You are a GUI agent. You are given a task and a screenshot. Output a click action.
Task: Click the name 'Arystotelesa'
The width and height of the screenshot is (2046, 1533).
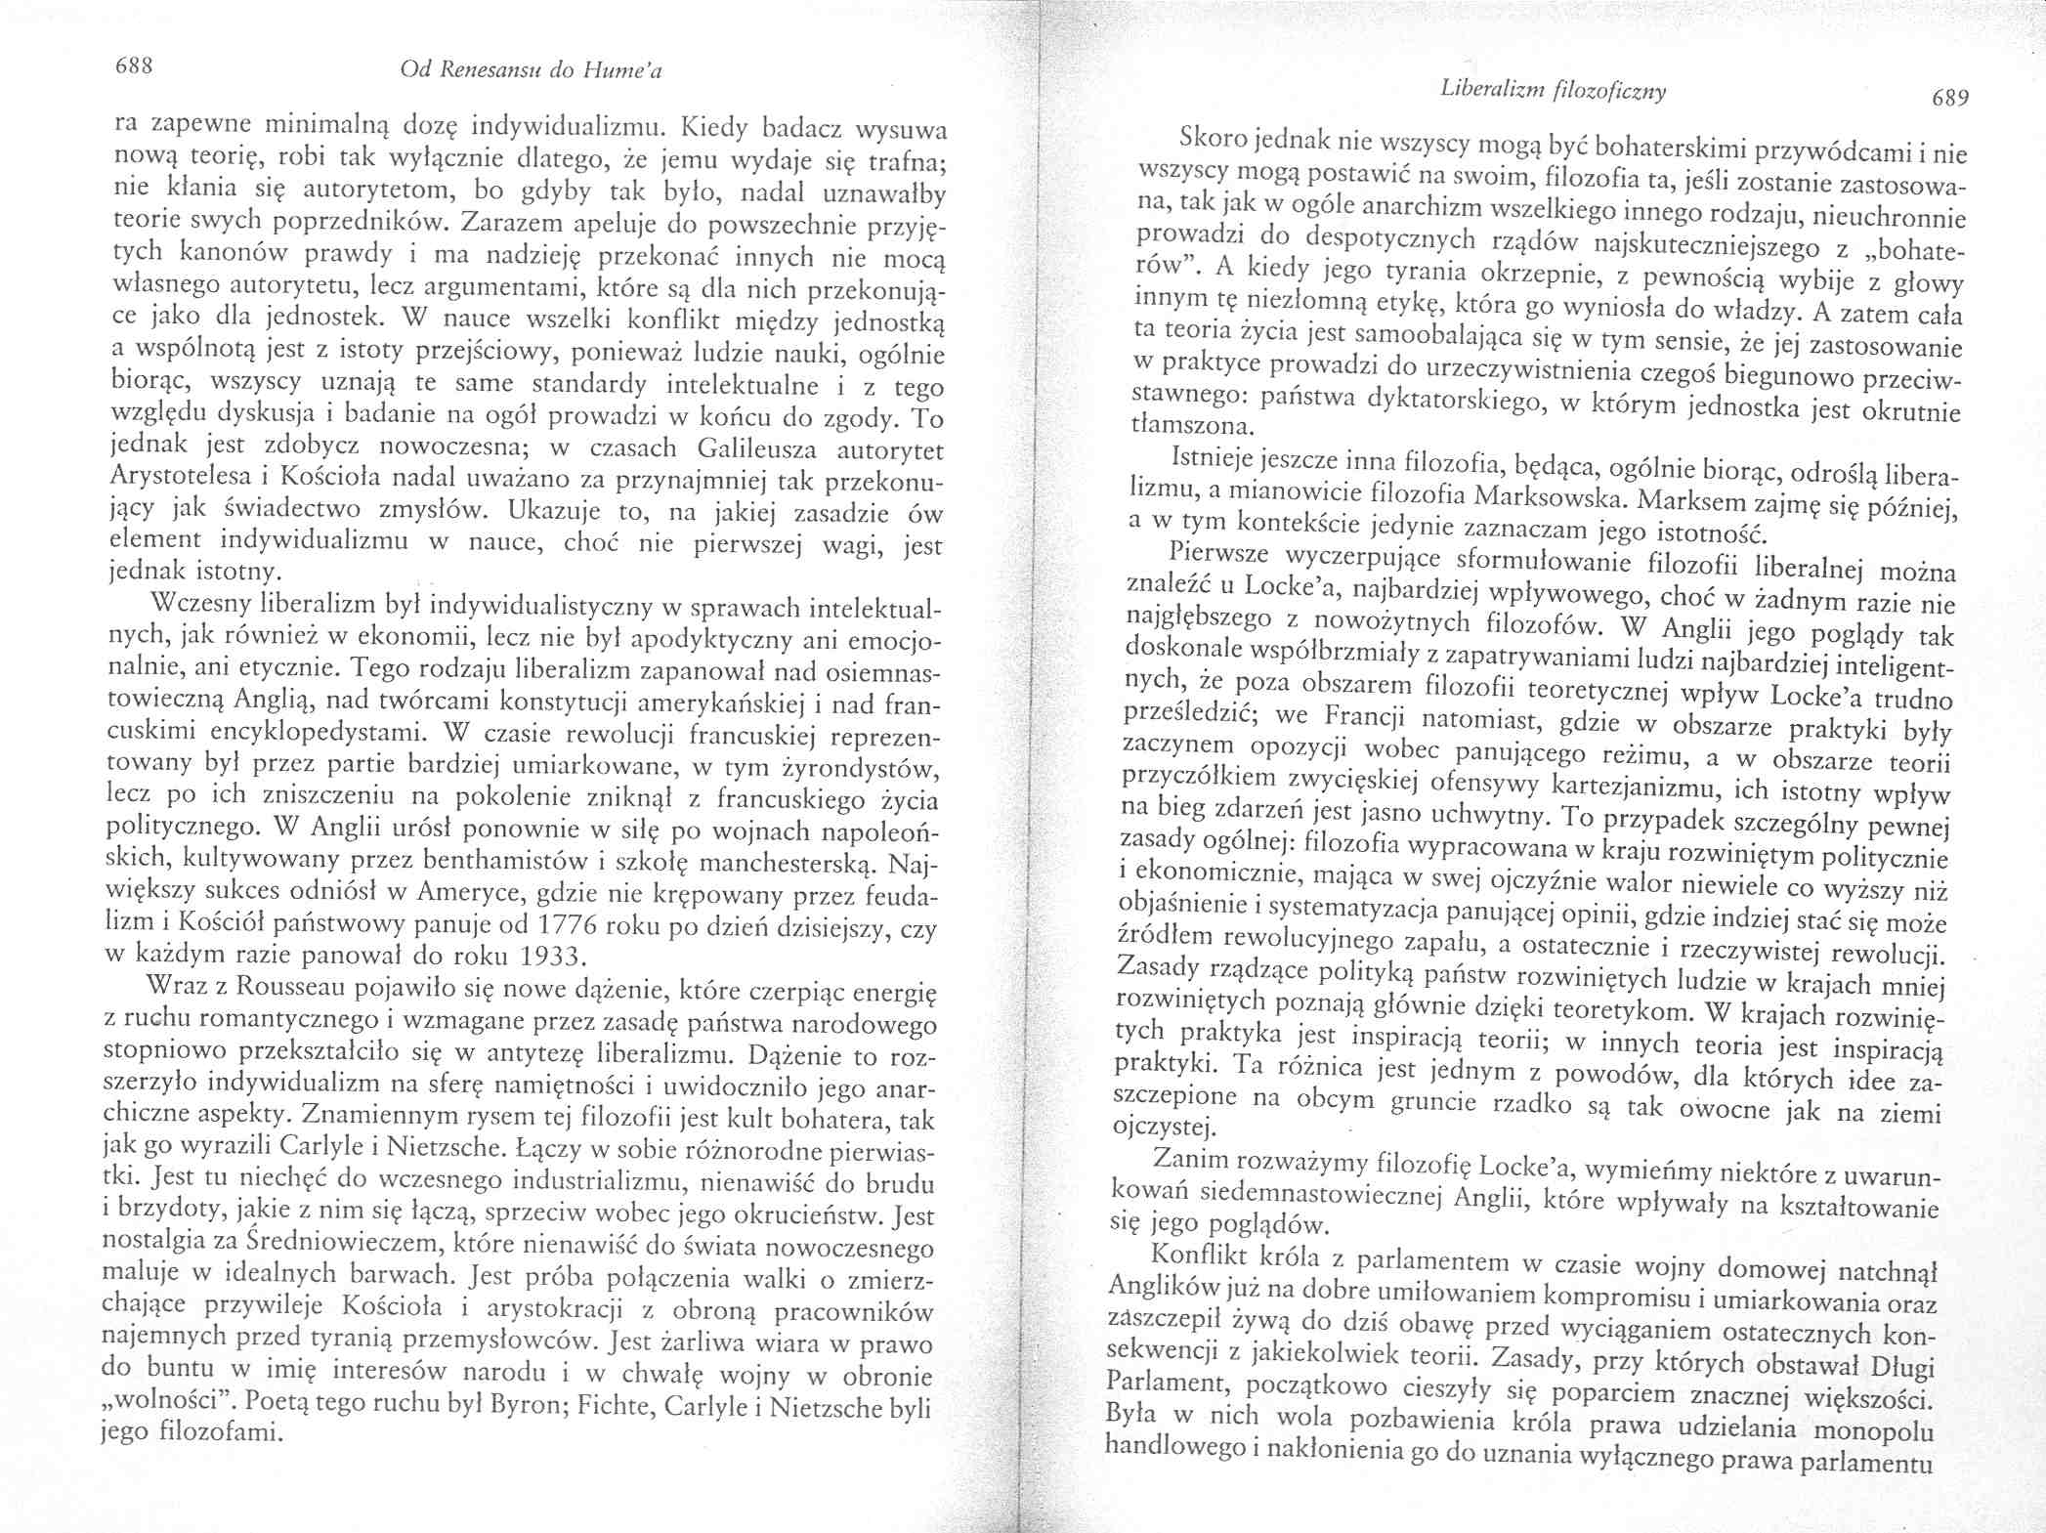184,481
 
